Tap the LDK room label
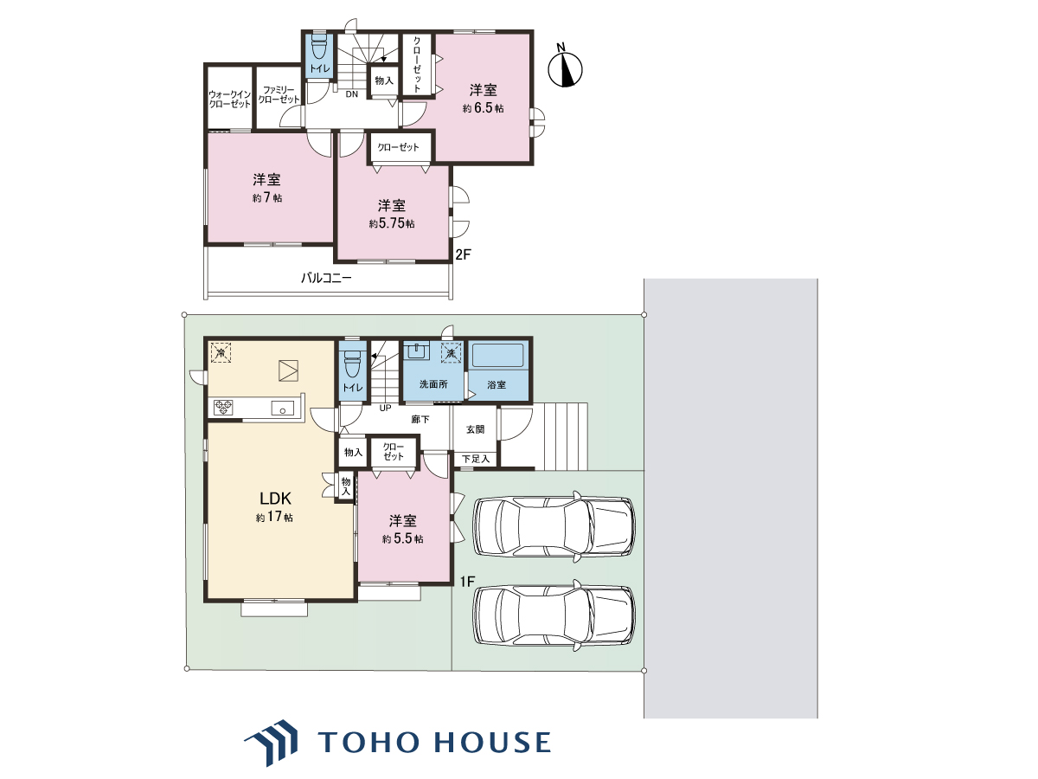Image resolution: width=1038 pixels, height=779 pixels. coord(275,498)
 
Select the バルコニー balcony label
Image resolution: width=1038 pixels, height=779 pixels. coord(326,278)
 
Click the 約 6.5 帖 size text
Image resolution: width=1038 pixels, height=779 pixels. coord(483,108)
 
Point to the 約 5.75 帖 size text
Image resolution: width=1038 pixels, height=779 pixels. coord(392,223)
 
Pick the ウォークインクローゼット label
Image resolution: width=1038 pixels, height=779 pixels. coord(230,100)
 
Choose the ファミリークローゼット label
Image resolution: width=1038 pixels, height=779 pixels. coord(279,94)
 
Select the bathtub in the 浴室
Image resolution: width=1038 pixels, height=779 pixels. coord(498,355)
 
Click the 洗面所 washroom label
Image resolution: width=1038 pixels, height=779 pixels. coord(433,384)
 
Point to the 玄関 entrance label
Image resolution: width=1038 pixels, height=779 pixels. coord(475,429)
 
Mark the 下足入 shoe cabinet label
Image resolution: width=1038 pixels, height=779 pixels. coord(475,459)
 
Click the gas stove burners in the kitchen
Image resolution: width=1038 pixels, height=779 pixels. coord(223,407)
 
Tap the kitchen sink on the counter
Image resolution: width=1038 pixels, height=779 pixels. coord(282,409)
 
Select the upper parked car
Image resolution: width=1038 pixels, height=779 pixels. coord(554,526)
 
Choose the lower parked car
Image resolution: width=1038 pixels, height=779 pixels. coord(554,615)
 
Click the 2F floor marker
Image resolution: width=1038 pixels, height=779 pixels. coord(463,254)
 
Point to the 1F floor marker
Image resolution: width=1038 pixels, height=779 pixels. coord(467,582)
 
